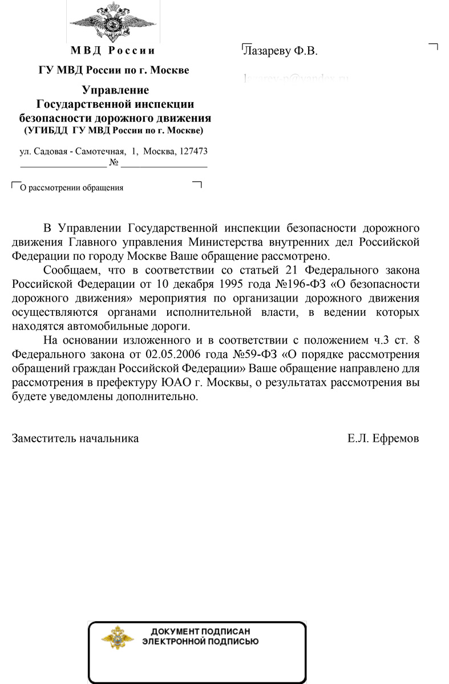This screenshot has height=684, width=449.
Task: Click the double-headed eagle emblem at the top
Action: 113,22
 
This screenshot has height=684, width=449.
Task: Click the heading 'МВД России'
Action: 113,50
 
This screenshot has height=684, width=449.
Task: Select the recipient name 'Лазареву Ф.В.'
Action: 280,51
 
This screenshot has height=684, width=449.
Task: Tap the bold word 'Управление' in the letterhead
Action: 115,90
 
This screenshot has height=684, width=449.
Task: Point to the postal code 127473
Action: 193,152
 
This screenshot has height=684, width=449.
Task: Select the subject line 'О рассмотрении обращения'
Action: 71,187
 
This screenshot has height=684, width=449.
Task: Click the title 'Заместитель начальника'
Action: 75,438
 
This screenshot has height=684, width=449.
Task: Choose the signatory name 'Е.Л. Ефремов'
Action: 383,438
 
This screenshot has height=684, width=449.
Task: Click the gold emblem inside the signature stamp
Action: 118,637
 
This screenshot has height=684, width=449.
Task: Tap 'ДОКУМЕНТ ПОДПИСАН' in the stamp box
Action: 200,632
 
